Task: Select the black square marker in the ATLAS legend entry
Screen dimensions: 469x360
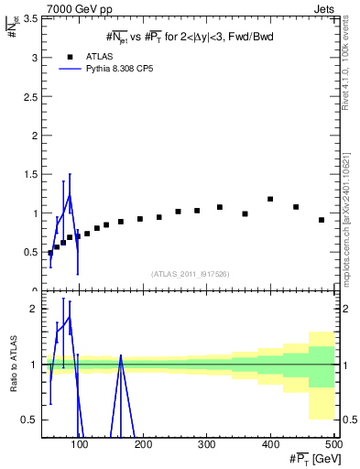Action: [x=70, y=56]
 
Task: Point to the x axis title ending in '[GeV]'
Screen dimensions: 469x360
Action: [x=309, y=459]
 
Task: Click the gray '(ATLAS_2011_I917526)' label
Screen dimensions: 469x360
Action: [x=190, y=273]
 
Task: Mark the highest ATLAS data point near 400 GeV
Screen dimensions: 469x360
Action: [x=270, y=199]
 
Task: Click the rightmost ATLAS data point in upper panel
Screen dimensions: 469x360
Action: [x=322, y=220]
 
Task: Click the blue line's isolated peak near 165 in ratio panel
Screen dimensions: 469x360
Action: [x=121, y=356]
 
